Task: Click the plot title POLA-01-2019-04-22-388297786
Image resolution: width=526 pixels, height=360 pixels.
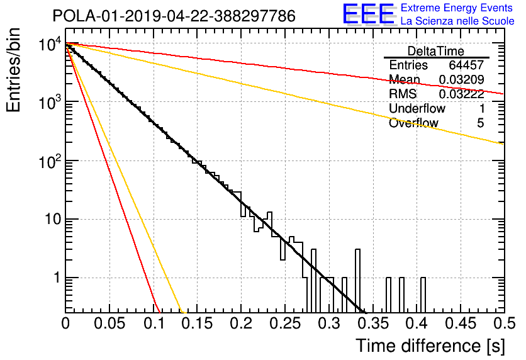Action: click(x=174, y=16)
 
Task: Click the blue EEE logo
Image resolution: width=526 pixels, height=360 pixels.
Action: click(x=368, y=14)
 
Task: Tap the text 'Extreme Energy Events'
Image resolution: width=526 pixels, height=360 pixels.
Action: click(x=457, y=8)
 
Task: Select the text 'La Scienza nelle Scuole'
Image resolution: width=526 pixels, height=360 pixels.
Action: click(x=457, y=21)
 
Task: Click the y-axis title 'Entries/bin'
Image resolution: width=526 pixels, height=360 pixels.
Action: click(x=14, y=70)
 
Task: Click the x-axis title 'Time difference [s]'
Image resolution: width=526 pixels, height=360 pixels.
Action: click(x=430, y=346)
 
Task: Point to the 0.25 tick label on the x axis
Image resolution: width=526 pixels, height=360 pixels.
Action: click(x=285, y=323)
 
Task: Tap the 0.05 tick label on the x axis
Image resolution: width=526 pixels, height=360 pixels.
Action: click(x=109, y=323)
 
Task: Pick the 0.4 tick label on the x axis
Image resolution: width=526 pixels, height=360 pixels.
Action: click(x=417, y=323)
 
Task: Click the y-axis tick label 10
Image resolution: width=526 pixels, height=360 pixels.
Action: click(x=53, y=220)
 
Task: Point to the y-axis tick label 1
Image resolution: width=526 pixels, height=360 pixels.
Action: click(x=57, y=278)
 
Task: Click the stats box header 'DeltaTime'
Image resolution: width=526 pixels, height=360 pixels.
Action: click(x=436, y=51)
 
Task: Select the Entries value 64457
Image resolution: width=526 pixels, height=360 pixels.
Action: click(x=466, y=65)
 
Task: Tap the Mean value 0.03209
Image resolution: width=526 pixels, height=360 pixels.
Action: click(x=462, y=79)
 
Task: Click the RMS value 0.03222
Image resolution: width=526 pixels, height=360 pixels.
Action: click(x=462, y=94)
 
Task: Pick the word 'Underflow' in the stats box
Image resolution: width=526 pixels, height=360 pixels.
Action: click(x=417, y=108)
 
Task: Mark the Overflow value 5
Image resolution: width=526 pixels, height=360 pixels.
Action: click(x=480, y=123)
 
